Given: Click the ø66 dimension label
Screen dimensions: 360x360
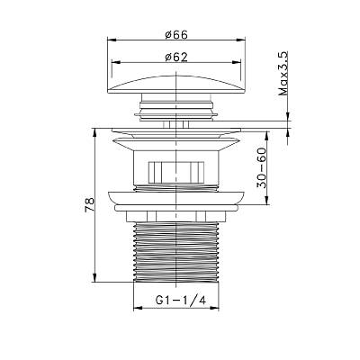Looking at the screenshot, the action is [176, 35].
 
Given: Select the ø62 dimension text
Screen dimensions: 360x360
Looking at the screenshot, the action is [176, 57].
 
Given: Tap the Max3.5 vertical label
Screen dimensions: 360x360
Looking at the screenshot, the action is [283, 74].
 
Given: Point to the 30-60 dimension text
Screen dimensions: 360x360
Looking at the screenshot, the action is [261, 167].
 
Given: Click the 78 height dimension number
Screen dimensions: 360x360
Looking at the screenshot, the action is [90, 205].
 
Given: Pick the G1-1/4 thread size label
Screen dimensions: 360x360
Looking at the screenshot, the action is [181, 300].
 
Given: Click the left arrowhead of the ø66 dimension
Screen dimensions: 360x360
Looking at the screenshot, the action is [112, 40].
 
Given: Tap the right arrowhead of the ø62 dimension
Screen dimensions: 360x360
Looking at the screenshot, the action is [237, 62].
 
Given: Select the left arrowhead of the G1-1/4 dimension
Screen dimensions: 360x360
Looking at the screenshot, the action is [138, 308].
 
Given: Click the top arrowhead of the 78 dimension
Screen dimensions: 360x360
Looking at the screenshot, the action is [94, 133].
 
